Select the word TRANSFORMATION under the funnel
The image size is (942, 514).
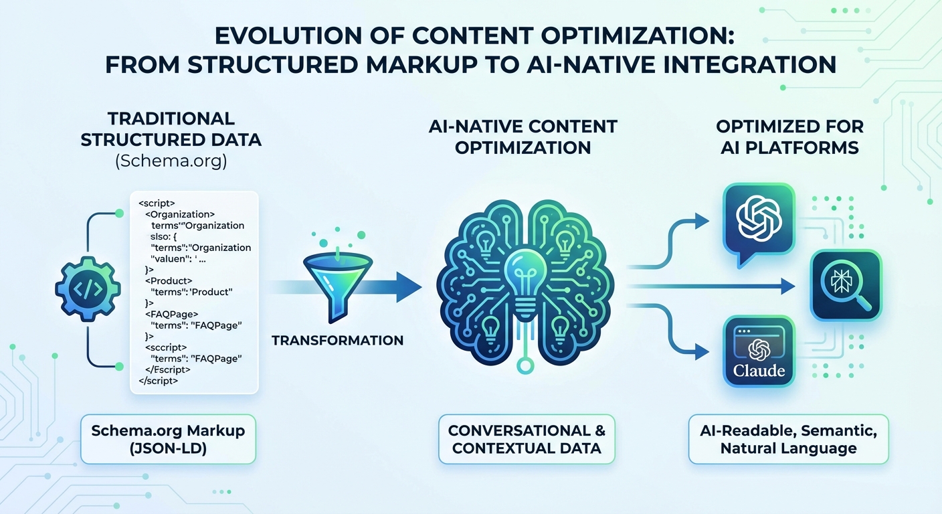(x=338, y=341)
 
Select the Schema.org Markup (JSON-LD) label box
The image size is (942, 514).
(x=169, y=440)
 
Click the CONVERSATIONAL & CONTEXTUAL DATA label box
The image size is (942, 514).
(x=527, y=440)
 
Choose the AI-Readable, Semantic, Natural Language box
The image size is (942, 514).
(x=788, y=440)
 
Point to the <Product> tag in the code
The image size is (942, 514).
(x=169, y=280)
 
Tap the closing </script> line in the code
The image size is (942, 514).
(x=159, y=380)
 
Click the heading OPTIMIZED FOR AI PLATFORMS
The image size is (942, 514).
(x=790, y=137)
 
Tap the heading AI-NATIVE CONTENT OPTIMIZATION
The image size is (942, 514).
(x=523, y=137)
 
